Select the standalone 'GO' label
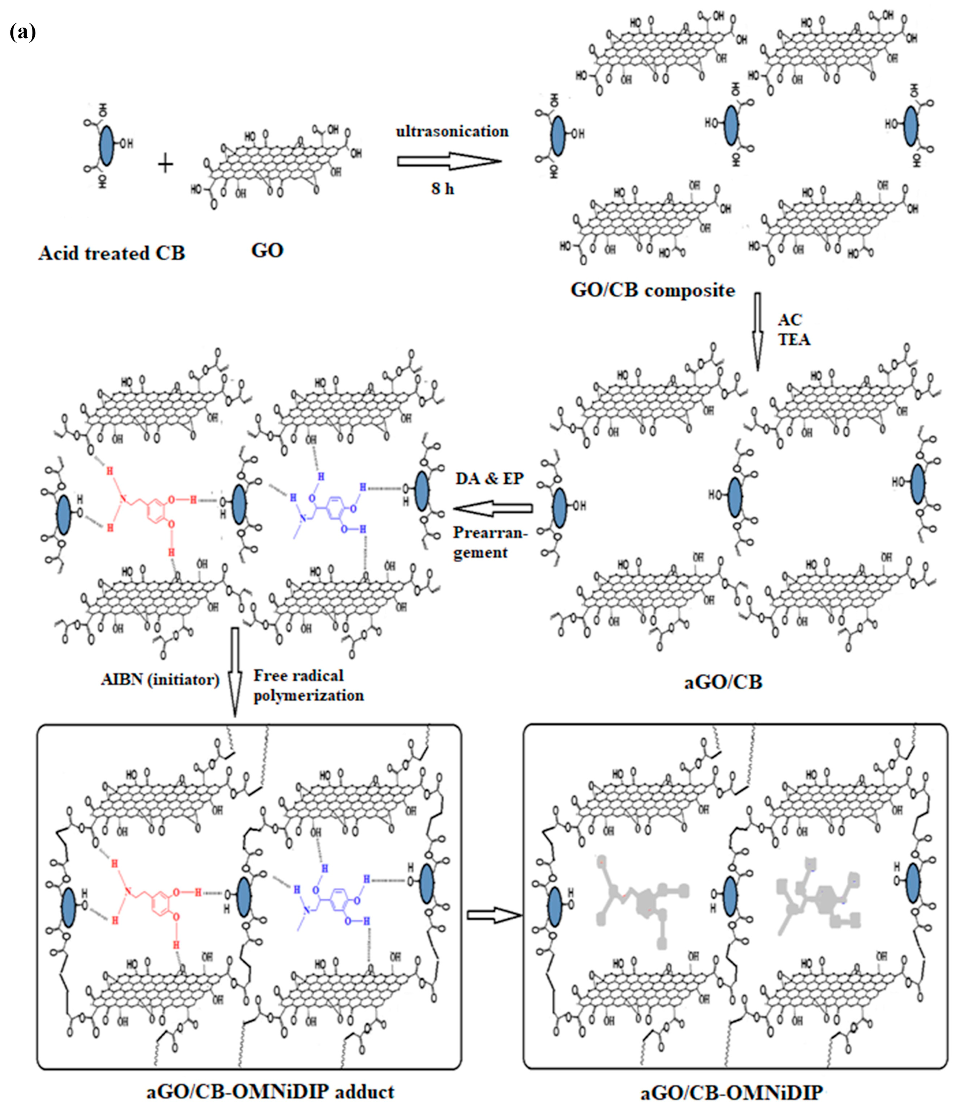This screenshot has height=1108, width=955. pos(267,250)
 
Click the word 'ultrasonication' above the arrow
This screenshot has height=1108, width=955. pos(452,132)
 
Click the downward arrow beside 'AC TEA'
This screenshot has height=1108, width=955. pos(757,332)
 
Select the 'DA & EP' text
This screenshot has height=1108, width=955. pos(489,478)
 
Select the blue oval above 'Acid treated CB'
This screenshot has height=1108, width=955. pos(107,146)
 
